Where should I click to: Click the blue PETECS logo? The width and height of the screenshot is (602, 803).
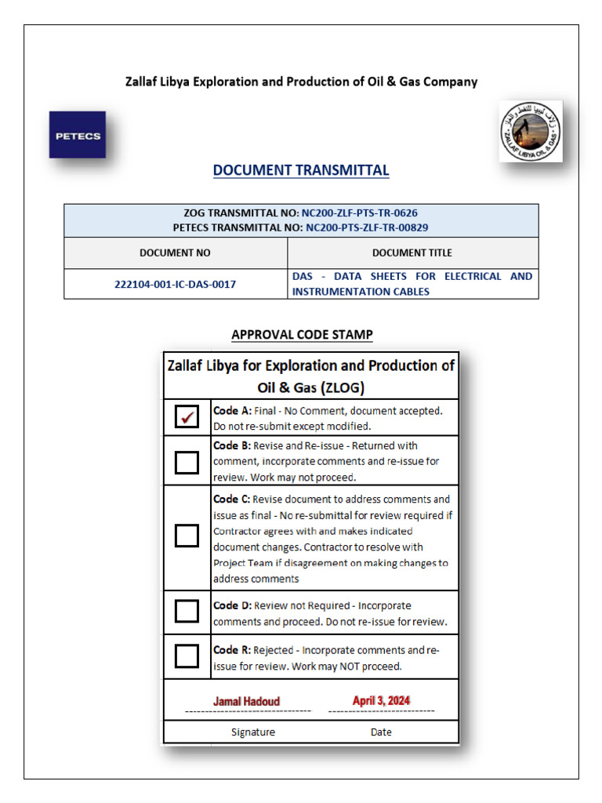(77, 135)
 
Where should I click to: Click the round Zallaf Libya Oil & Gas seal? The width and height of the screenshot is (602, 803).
(531, 131)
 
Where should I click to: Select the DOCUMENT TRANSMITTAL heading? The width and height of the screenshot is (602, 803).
(301, 170)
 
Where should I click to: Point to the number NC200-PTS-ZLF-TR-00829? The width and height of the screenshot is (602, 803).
(367, 227)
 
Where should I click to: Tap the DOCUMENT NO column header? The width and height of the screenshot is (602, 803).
(175, 253)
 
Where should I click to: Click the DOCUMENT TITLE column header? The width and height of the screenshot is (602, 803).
(412, 253)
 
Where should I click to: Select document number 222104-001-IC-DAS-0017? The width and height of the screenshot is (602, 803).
(175, 284)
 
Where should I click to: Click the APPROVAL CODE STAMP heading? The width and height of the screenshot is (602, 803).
(302, 335)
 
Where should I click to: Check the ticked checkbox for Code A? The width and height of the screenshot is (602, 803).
(187, 417)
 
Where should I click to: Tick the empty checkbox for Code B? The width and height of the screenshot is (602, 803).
(187, 462)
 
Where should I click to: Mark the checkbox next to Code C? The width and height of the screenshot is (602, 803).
(187, 536)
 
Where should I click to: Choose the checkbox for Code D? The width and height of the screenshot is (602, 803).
(187, 611)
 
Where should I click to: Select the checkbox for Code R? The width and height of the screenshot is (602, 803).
(187, 656)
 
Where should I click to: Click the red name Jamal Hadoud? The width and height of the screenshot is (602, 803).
(246, 701)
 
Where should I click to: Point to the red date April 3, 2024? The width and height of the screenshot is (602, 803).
(381, 700)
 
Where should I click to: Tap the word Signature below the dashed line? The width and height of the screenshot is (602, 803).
(253, 732)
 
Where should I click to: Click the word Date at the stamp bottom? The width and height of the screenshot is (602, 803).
(381, 732)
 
